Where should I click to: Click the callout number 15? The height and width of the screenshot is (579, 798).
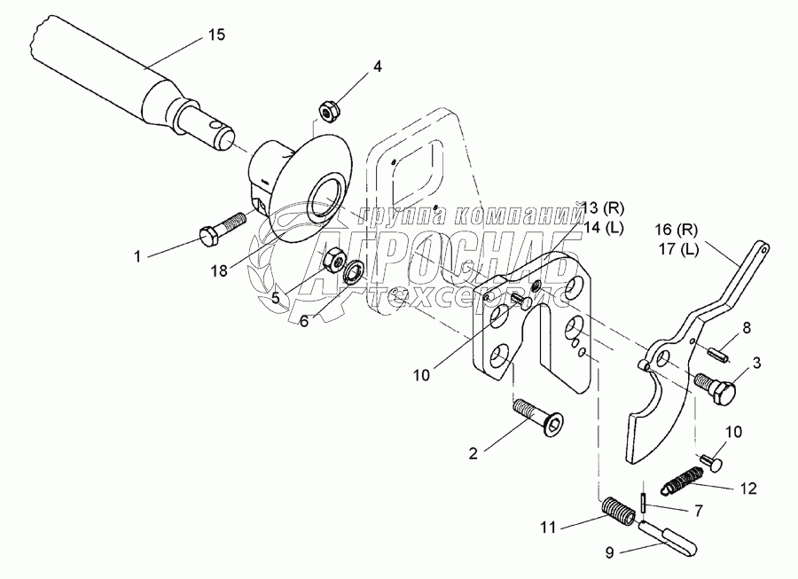216,35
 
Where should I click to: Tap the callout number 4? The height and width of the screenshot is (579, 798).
377,66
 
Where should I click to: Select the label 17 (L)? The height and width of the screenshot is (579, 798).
679,248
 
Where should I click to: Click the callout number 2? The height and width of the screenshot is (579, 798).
474,453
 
